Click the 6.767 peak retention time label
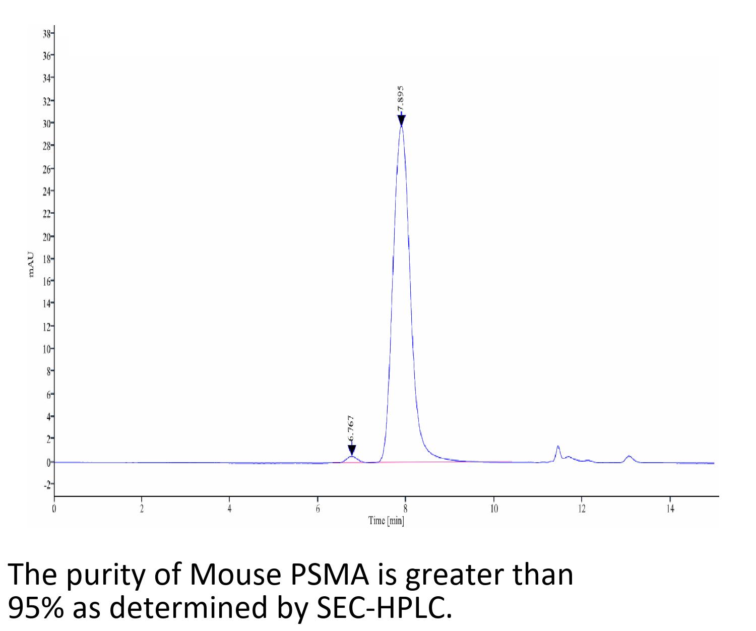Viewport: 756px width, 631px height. (x=351, y=429)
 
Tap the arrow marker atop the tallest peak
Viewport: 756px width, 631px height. (x=401, y=120)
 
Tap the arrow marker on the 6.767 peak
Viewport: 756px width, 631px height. (x=352, y=450)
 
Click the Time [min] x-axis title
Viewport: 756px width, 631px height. (x=386, y=520)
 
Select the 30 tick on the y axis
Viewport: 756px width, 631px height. (x=47, y=123)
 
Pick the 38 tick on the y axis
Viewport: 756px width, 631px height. (x=47, y=34)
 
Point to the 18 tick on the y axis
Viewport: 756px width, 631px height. (x=47, y=259)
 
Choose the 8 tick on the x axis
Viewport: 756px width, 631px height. (x=405, y=509)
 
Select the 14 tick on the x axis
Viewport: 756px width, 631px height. (x=670, y=509)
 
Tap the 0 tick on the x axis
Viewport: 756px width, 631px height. (x=54, y=509)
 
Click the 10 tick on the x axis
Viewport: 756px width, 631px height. (x=494, y=509)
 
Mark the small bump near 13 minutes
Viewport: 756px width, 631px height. (x=629, y=457)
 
